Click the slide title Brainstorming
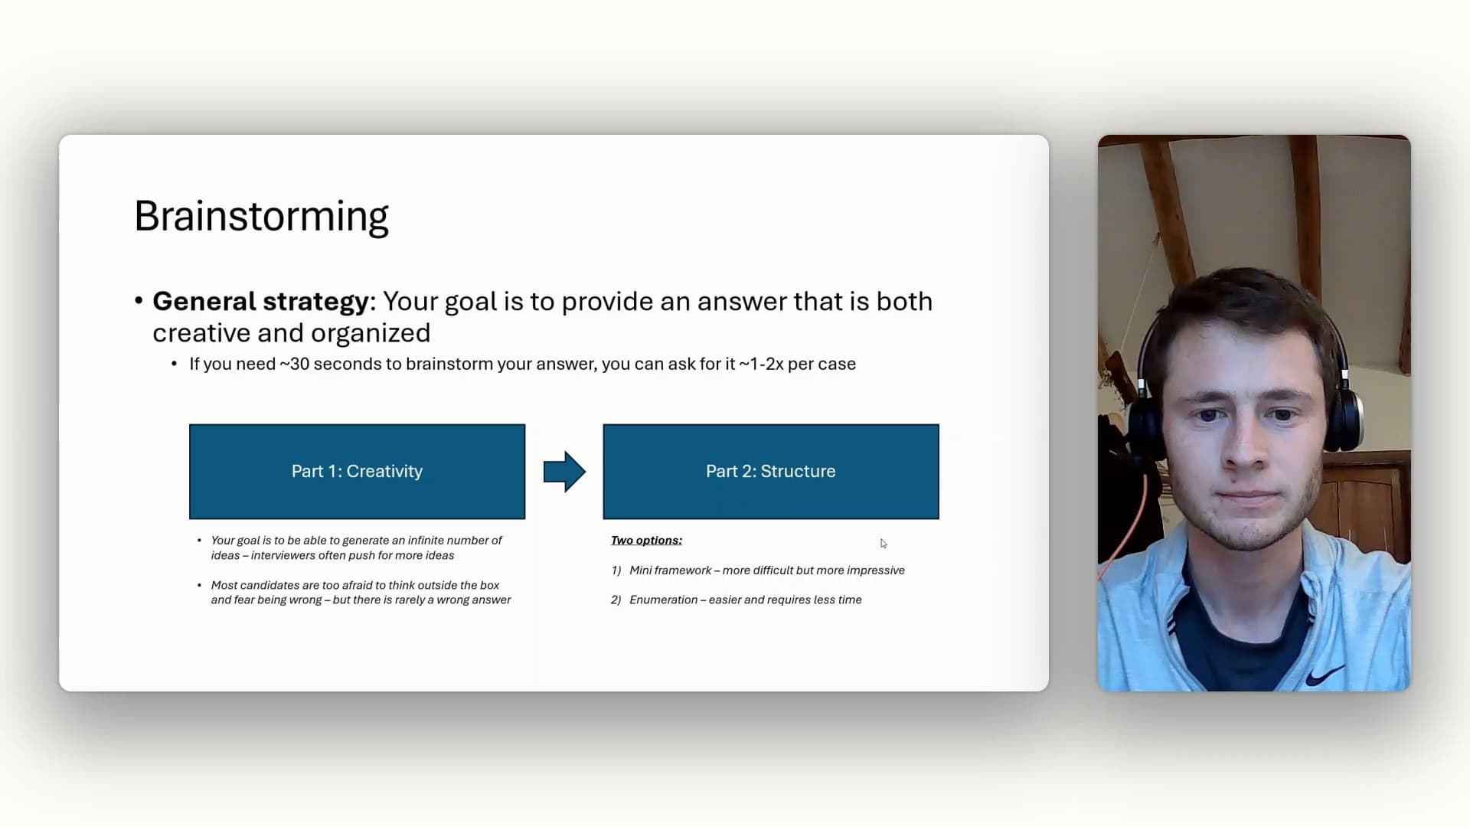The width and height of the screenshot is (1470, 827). tap(261, 217)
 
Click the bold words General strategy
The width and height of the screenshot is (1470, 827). tap(260, 302)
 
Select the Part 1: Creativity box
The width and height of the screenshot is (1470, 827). tap(357, 472)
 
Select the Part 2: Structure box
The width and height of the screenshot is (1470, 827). tap(771, 472)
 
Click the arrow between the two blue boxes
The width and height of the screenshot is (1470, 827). tap(564, 472)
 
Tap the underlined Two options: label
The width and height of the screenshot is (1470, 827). tap(646, 541)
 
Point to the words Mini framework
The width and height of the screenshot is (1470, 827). tap(670, 570)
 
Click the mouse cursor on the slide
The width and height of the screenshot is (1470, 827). tap(883, 544)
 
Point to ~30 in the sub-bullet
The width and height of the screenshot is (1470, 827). tap(295, 364)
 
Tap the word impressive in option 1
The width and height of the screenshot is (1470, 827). tap(875, 570)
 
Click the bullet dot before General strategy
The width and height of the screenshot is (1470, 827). tap(139, 301)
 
